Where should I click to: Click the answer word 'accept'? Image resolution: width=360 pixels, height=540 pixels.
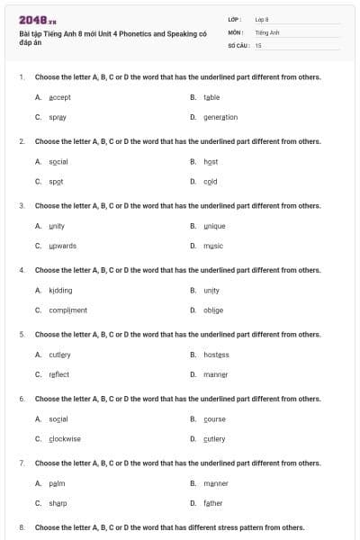59,96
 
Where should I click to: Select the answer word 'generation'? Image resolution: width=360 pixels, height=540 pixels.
220,117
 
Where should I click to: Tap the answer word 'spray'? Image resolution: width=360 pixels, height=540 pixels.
58,117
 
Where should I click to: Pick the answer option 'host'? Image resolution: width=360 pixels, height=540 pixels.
211,161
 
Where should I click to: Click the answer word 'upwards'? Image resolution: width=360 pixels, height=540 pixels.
63,246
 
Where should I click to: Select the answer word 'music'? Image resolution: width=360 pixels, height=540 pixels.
213,246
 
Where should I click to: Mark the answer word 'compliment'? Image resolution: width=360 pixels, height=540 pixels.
67,310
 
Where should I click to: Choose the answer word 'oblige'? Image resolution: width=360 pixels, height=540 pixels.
213,310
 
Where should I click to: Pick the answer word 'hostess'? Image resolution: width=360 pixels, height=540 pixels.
216,355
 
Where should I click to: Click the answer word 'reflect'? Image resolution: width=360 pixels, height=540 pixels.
58,374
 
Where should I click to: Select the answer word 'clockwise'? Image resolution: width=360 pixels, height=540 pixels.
65,438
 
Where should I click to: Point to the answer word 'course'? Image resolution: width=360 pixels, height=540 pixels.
214,418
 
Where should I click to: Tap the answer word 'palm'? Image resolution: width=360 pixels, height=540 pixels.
57,483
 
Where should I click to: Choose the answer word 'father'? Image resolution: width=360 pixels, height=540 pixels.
213,503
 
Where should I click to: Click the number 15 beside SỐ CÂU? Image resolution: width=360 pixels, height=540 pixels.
258,44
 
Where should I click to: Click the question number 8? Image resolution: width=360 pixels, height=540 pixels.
22,527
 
